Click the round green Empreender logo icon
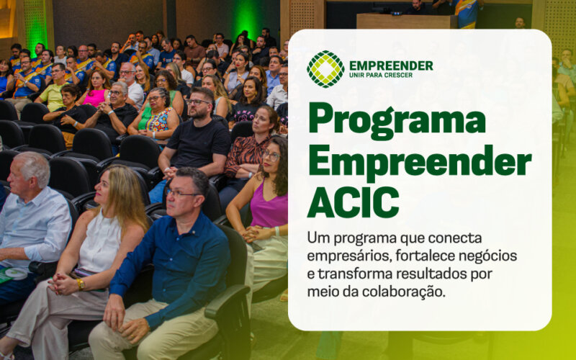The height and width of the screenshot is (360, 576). (x=325, y=69)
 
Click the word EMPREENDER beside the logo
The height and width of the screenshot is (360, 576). (x=390, y=66)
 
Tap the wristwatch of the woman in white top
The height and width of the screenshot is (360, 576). (x=80, y=283)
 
